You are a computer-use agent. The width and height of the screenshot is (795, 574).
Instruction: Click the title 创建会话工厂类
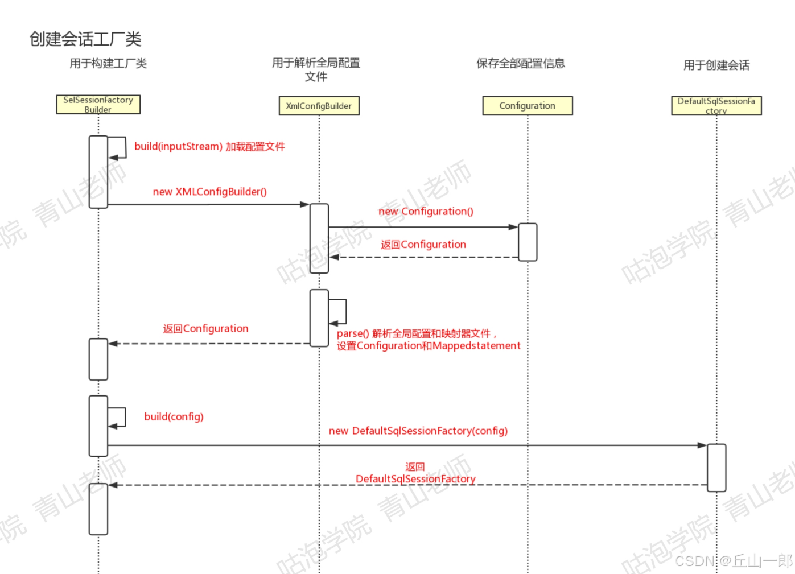coord(85,39)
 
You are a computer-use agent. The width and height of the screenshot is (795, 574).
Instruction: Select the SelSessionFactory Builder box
coord(98,105)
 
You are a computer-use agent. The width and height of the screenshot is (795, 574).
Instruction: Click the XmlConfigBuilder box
coord(319,106)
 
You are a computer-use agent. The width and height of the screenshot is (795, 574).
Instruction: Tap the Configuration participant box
coord(527,106)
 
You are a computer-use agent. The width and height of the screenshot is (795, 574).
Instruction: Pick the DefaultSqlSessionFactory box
coord(716,106)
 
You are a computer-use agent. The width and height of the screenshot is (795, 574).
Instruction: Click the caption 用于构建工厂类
coord(108,63)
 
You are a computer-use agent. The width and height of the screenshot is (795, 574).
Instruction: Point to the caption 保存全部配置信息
coord(520,63)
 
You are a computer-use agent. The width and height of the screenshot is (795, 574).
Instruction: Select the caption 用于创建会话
coord(716,65)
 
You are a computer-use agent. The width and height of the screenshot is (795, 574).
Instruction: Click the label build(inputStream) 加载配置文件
coord(209,146)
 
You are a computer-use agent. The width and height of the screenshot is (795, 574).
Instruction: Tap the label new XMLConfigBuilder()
coord(209,192)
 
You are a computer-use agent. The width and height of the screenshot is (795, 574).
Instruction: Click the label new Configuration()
coord(426,212)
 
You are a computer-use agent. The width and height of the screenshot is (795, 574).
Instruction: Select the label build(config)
coord(174,416)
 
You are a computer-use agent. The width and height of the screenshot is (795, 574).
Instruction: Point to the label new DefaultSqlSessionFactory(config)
coord(418,431)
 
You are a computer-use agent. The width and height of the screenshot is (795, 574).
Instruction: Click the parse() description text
coord(428,340)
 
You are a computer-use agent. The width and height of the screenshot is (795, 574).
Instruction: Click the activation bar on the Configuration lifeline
coord(528,242)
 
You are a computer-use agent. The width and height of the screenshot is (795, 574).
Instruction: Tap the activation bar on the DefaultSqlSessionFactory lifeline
coord(716,467)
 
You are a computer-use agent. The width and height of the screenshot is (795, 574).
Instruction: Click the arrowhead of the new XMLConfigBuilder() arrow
coord(305,204)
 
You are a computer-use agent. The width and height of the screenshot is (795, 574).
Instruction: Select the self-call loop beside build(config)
coord(117,417)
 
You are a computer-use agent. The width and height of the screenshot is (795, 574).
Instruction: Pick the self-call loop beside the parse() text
coord(338,312)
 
